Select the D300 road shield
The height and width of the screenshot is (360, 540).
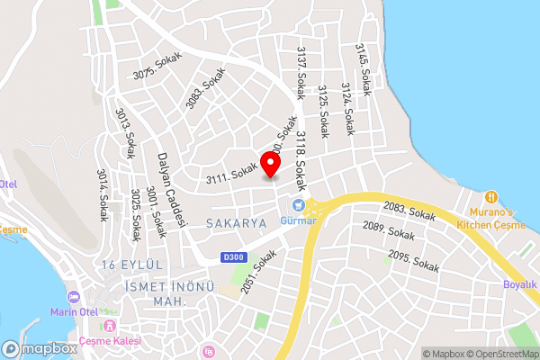[x=232, y=257]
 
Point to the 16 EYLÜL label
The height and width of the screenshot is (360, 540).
[x=131, y=265]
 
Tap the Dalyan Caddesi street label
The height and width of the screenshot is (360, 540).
[x=175, y=189]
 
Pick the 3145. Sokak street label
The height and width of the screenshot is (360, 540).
[x=363, y=69]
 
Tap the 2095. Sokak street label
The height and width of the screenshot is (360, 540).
[x=414, y=262]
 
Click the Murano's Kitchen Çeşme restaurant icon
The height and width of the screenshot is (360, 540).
[x=490, y=196]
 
